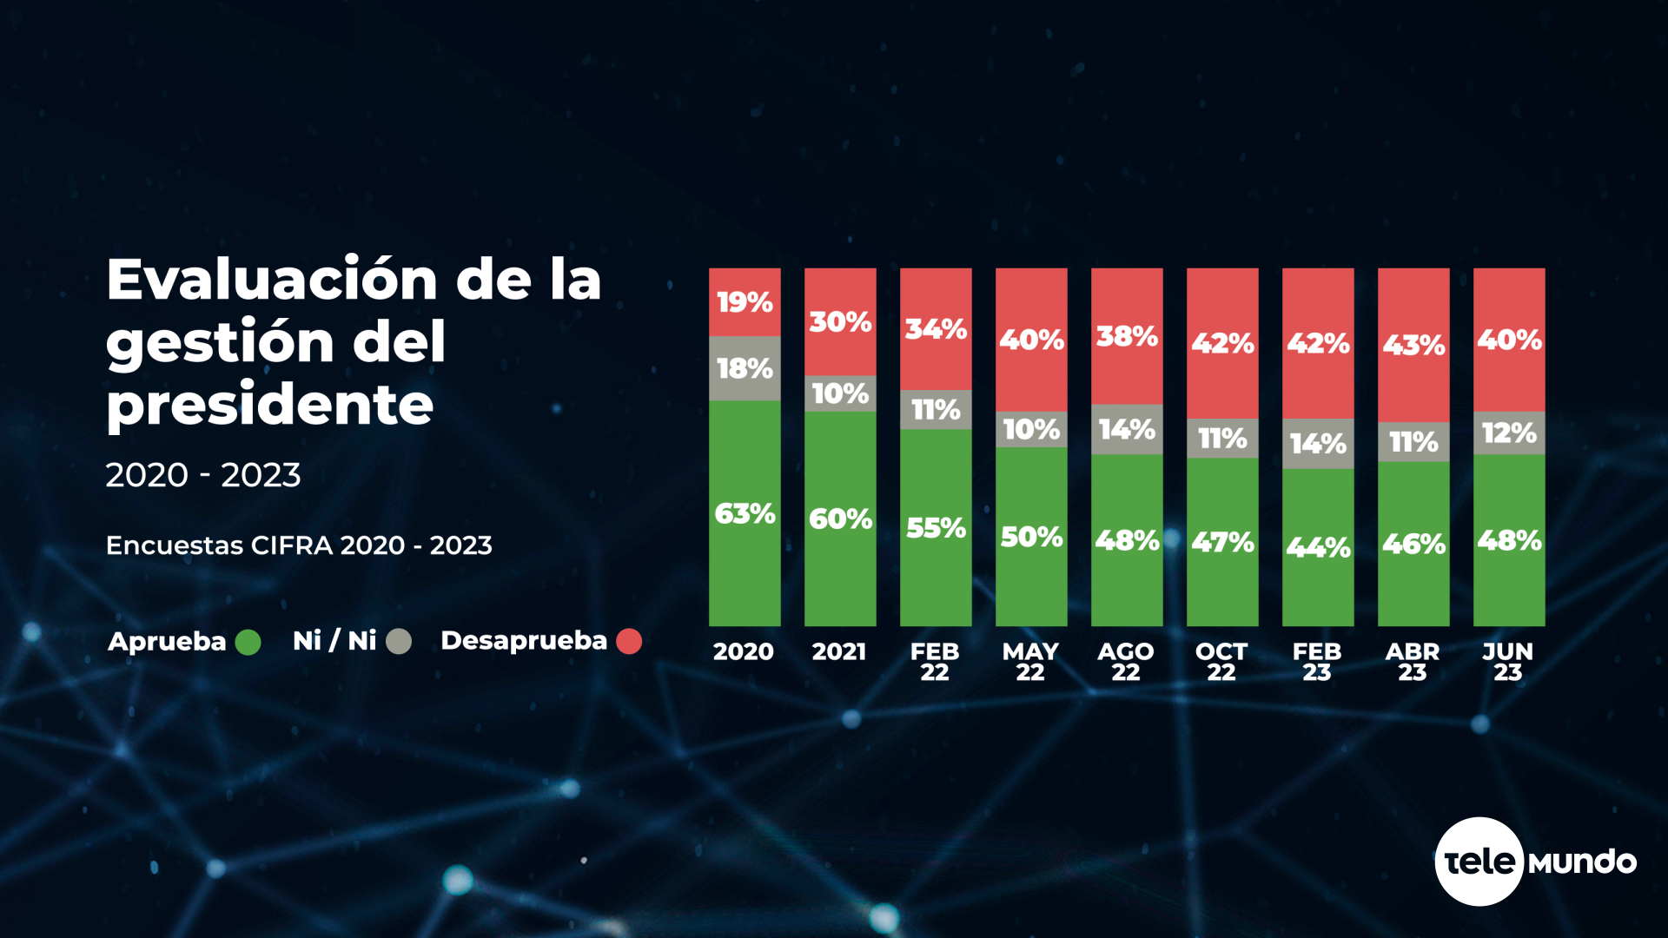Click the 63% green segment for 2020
tap(745, 513)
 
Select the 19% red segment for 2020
tap(745, 302)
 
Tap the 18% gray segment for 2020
tap(745, 368)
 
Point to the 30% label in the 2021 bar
tap(840, 322)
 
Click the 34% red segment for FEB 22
tap(936, 329)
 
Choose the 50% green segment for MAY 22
tap(1031, 537)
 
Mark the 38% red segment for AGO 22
tap(1127, 336)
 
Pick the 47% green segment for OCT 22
tap(1222, 542)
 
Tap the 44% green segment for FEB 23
tap(1318, 547)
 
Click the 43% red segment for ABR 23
tap(1413, 345)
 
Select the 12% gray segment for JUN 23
tap(1509, 433)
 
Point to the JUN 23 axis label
tap(1508, 662)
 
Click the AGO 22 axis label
tap(1126, 662)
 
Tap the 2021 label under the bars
tap(839, 651)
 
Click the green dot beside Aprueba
tap(248, 643)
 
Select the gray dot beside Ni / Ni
tap(399, 642)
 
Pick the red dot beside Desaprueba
tap(629, 642)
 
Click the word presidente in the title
tap(270, 405)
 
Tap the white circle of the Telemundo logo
tap(1479, 862)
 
